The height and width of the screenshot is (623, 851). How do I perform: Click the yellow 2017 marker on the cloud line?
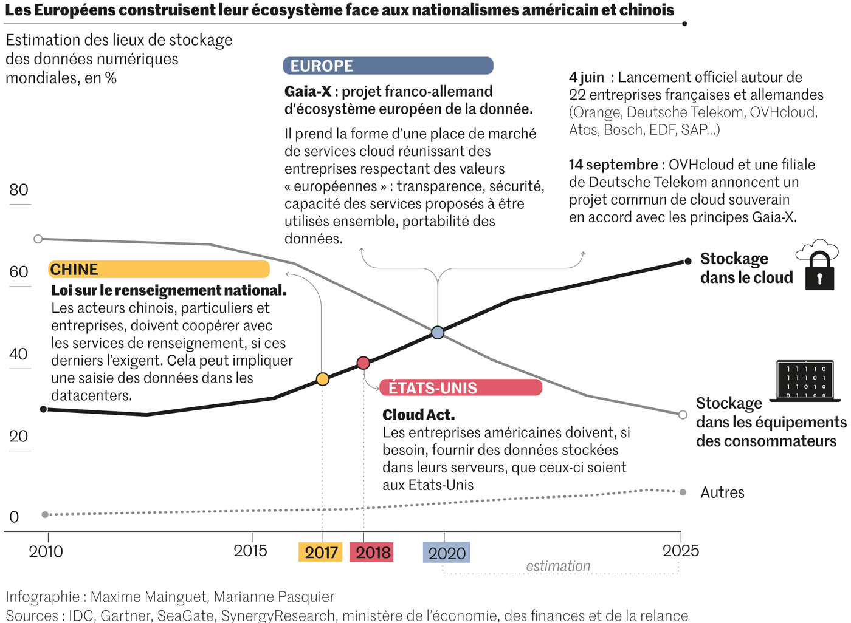point(323,380)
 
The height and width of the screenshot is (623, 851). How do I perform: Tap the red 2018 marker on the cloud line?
point(363,363)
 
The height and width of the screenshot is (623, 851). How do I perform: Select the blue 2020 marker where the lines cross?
point(438,332)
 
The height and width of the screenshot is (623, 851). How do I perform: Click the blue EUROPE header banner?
point(388,66)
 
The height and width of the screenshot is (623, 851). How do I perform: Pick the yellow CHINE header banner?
point(159,269)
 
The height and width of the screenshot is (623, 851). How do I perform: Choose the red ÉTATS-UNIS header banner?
point(461,387)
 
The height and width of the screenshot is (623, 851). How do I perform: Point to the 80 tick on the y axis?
point(19,190)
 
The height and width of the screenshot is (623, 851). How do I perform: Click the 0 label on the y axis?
point(14,517)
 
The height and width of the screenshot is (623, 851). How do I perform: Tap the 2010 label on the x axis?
point(46,551)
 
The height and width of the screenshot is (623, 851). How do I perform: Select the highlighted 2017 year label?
point(321,552)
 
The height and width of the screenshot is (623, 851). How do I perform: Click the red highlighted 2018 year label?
point(372,552)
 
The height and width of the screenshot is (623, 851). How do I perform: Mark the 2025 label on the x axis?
point(681,551)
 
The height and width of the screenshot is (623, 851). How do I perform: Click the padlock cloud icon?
point(818,265)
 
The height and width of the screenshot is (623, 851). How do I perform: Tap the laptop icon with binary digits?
point(805,381)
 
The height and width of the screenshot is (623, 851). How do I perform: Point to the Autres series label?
point(722,492)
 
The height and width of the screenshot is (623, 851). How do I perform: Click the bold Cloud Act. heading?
point(418,415)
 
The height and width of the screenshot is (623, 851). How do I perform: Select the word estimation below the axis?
point(558,566)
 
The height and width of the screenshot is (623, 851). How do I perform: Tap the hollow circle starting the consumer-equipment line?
point(38,239)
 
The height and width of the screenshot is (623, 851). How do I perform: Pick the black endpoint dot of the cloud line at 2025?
point(688,261)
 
